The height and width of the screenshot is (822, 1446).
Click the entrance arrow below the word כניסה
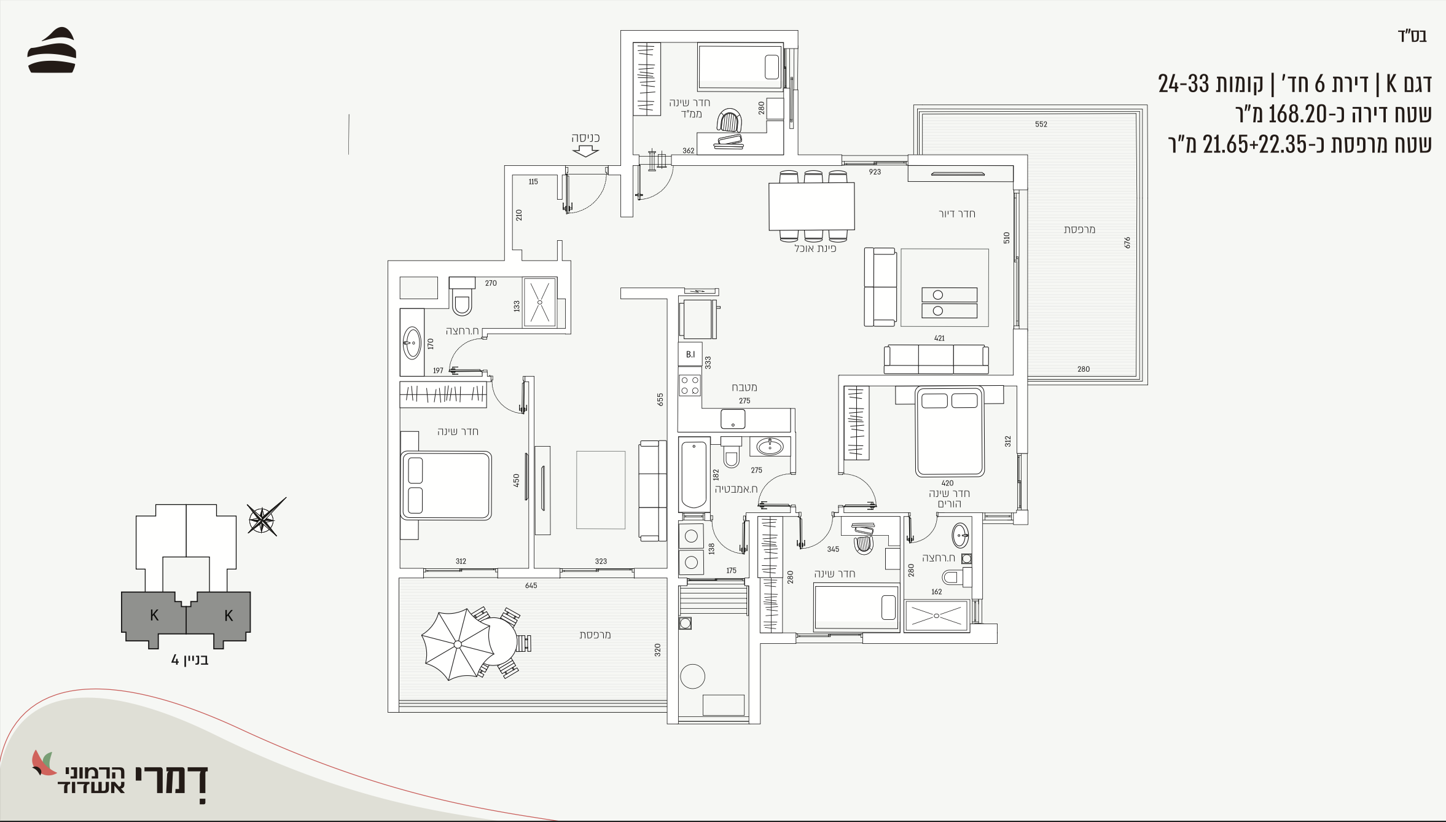click(585, 151)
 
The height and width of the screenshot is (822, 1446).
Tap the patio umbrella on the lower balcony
click(458, 644)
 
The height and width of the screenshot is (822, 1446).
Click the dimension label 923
click(875, 172)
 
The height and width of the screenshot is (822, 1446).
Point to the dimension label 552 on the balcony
click(1041, 124)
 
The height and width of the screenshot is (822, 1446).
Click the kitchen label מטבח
click(744, 388)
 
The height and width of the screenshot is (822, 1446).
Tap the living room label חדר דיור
click(956, 214)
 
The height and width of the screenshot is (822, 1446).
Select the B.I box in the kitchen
click(690, 354)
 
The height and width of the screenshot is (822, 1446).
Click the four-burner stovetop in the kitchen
click(690, 385)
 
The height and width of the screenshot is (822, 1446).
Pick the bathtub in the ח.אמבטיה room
click(694, 474)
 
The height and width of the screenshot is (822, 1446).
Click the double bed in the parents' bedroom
click(950, 431)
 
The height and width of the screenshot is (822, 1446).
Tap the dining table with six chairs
click(811, 206)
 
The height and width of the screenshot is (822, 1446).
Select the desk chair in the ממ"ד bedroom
click(729, 120)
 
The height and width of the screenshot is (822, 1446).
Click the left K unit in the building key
click(154, 616)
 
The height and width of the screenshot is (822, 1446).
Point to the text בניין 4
click(190, 660)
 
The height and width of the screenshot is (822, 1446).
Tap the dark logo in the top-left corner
click(52, 50)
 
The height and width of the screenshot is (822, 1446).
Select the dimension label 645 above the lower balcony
click(531, 585)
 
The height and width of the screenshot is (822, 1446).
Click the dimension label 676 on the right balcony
click(1127, 243)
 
